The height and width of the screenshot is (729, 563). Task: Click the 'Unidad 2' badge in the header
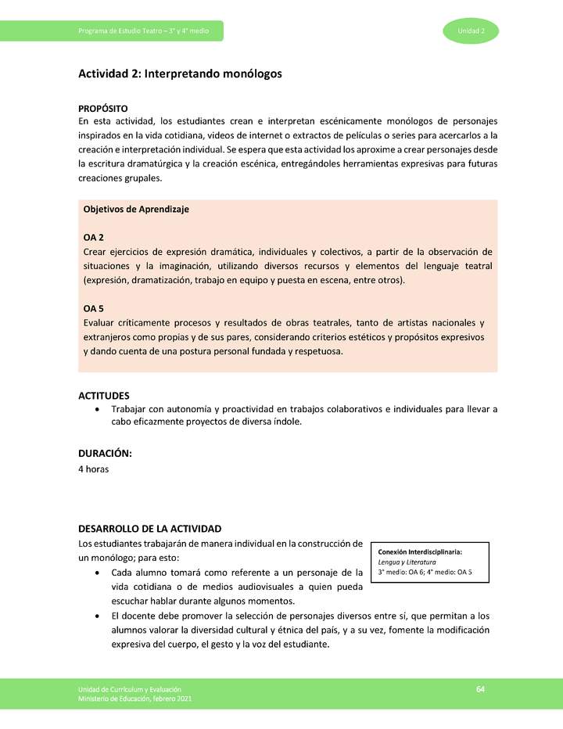coord(472,31)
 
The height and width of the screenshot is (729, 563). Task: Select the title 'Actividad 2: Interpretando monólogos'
coord(179,74)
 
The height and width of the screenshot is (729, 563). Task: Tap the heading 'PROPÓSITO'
coord(102,108)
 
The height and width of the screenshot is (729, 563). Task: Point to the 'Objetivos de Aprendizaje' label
coord(136,210)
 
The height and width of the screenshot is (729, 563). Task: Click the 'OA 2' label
coord(93,237)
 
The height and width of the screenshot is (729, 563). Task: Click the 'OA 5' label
coord(93,309)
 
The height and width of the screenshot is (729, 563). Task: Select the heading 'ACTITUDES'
coord(104,396)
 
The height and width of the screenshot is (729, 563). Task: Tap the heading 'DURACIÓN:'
coord(105,454)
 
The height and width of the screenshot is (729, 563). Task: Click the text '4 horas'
coord(93,469)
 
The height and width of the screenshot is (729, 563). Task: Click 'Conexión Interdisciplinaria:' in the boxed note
coord(420,553)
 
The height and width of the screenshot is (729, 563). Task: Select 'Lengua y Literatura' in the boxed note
coord(407,562)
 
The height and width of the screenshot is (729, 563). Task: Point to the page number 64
coord(481,688)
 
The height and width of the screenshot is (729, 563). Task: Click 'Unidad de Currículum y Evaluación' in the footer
coord(130,688)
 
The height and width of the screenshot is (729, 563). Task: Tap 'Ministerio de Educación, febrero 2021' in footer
coord(134,698)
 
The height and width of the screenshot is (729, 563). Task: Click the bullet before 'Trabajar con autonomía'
coord(95,409)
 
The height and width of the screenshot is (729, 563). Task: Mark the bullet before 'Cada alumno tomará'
coord(95,573)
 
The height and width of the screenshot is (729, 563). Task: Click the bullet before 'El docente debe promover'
coord(95,616)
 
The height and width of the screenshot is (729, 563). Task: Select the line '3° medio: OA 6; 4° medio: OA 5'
coord(426,572)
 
